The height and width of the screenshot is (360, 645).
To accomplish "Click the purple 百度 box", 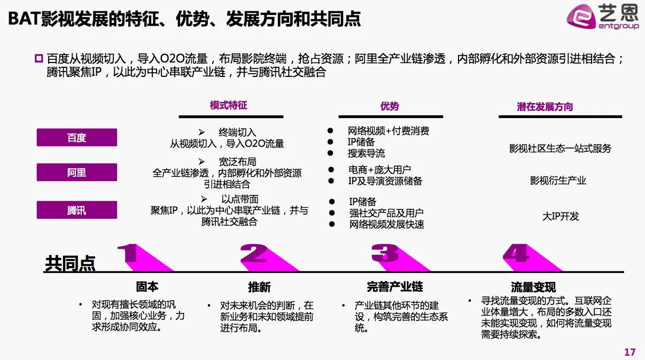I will (76, 138).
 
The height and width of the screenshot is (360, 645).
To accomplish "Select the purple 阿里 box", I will (76, 173).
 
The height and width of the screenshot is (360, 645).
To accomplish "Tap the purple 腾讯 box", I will (76, 210).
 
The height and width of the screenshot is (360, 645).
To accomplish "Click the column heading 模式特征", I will (228, 105).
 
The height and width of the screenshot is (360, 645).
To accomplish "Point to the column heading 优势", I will (390, 106).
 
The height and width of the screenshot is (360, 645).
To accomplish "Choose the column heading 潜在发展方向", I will (545, 107).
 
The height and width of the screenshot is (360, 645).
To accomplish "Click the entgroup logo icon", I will (580, 19).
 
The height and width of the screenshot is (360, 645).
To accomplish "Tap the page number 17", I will (630, 352).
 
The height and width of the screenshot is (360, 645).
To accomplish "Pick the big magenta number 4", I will (516, 253).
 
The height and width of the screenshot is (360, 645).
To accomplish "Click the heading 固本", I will (147, 287).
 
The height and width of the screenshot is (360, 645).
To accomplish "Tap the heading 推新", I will (259, 287).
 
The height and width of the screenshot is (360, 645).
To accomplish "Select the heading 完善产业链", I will (394, 287).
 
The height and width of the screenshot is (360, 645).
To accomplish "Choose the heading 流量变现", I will (533, 288).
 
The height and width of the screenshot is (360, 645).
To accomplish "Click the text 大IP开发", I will (561, 216).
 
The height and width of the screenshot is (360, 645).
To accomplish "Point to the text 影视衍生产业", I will (558, 181).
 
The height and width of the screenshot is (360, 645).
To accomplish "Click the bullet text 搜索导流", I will (366, 153).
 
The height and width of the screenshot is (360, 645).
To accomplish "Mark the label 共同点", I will (70, 263).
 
